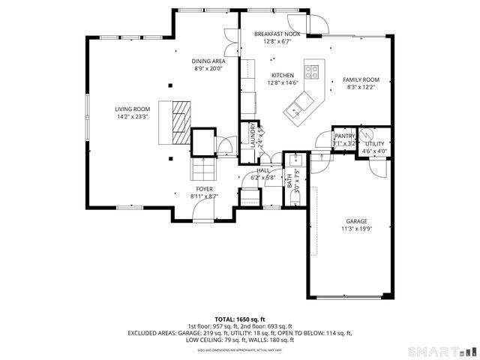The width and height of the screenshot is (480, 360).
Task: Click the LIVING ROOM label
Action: click(132, 109)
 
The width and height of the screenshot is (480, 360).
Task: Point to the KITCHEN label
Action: click(283, 75)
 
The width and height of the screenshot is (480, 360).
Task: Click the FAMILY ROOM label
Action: click(361, 79)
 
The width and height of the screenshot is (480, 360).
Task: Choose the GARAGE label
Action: click(356, 221)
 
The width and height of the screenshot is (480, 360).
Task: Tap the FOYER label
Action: click(204, 189)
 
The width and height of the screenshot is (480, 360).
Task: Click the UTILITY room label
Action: click(374, 143)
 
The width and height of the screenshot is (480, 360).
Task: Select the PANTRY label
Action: click(344, 136)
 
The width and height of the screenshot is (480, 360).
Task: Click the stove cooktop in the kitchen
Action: click(313, 73)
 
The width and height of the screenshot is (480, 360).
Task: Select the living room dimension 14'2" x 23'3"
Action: click(132, 117)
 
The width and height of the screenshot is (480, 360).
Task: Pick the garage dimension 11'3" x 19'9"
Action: click(356, 229)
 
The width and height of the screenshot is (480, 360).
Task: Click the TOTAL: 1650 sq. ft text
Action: click(239, 319)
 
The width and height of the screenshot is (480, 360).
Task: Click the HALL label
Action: click(262, 170)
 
